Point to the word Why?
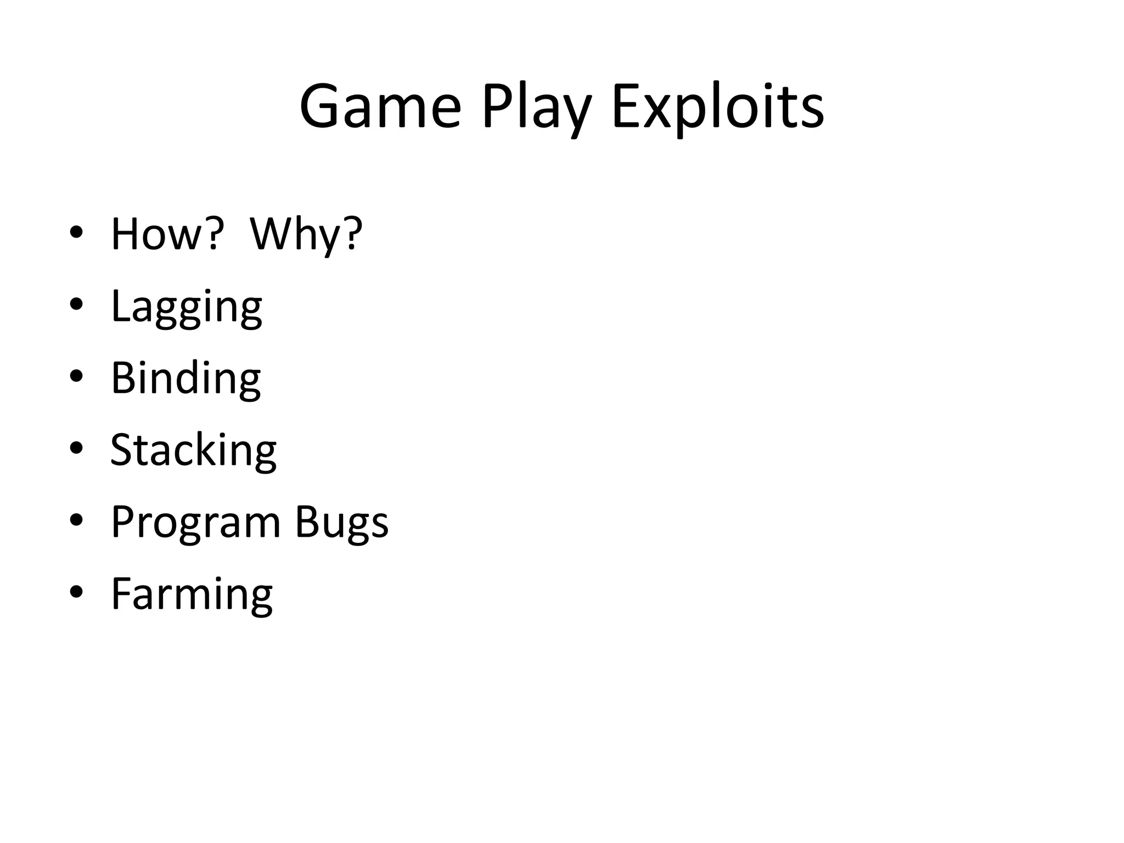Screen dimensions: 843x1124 click(306, 234)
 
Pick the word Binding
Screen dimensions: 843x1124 click(186, 378)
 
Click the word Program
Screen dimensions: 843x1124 click(196, 522)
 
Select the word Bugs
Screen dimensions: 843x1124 click(342, 522)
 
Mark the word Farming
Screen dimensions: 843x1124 click(192, 594)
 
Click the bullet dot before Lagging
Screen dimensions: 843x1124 click(76, 304)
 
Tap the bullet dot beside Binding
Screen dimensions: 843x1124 click(76, 376)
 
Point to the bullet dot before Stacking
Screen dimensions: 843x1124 click(76, 448)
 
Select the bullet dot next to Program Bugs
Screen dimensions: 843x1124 click(76, 520)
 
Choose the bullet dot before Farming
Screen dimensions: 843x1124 click(76, 592)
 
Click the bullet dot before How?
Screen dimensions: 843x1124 click(76, 232)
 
